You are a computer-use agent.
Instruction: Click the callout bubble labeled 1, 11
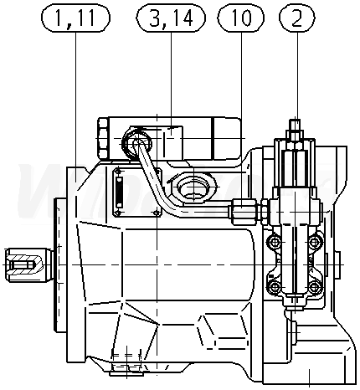(75, 18)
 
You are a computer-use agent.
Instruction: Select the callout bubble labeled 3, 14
(171, 18)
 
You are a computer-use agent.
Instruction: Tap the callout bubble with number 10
(240, 18)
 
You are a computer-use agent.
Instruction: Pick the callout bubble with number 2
(297, 18)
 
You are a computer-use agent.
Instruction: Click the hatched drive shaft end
(23, 264)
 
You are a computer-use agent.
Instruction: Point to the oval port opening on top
(194, 187)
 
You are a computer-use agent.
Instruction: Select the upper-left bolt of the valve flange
(275, 242)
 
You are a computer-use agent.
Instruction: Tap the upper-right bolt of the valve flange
(315, 242)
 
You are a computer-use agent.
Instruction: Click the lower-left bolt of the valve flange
(275, 287)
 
